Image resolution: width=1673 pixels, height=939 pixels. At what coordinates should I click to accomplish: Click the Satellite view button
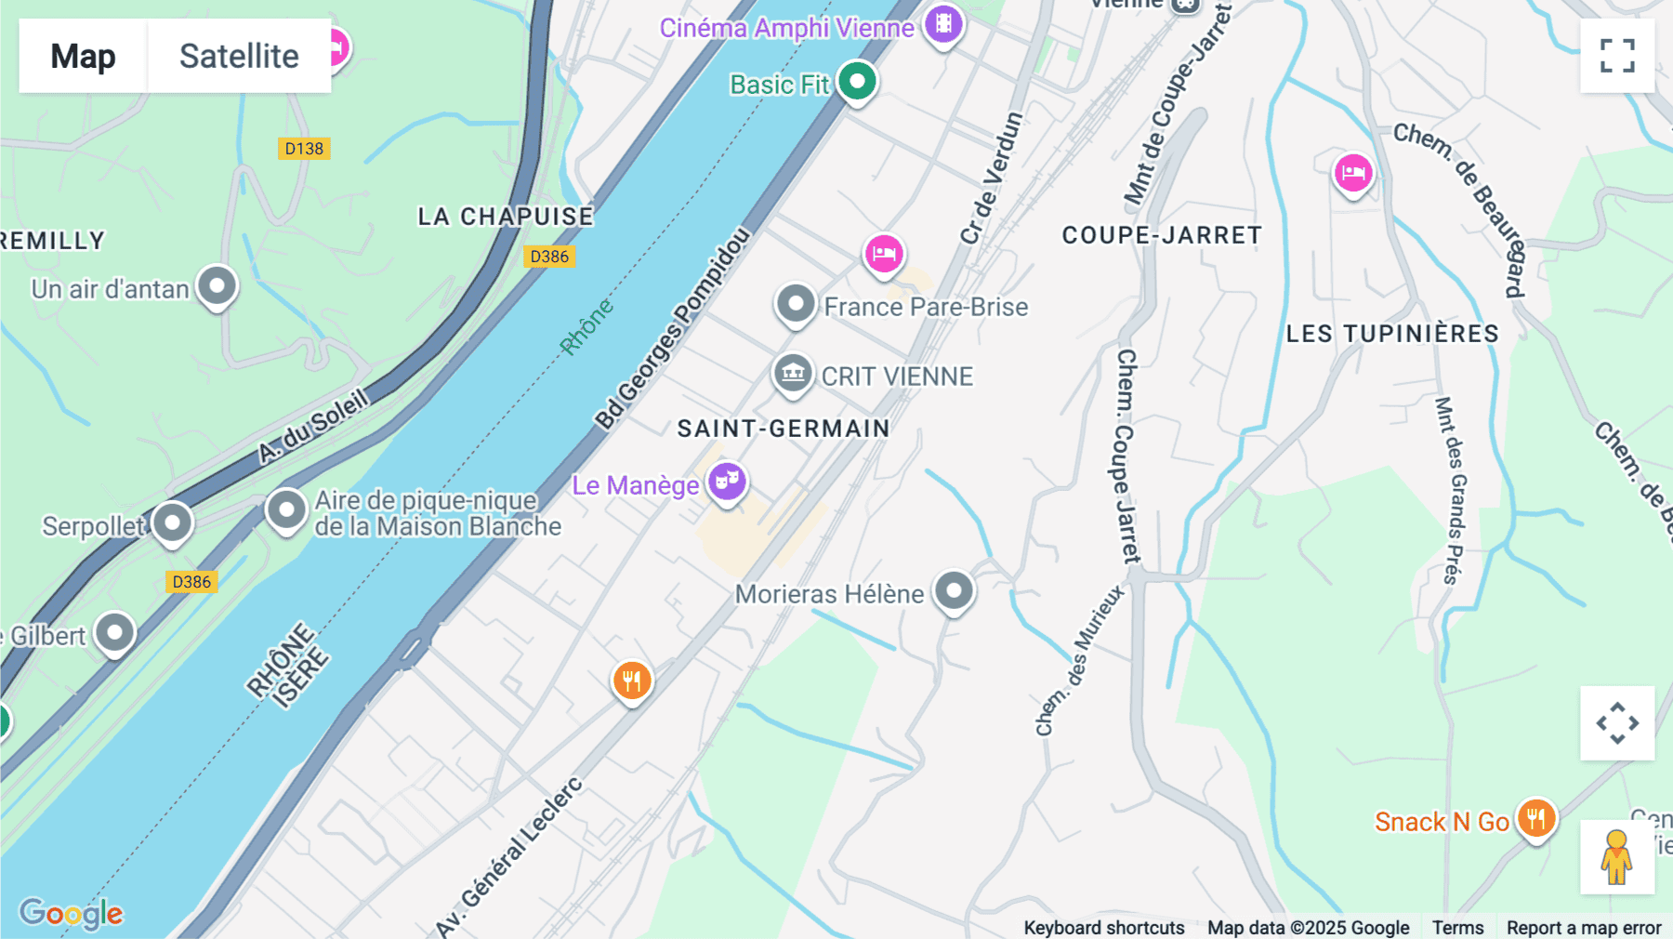pos(239,56)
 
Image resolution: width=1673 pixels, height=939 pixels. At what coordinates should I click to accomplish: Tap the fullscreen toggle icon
pos(1617,56)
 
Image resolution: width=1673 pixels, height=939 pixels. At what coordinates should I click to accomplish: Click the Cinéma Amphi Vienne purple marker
pos(943,24)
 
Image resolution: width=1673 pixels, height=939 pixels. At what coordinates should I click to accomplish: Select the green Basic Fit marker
pos(857,82)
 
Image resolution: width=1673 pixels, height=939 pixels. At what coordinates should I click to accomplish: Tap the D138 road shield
pos(304,149)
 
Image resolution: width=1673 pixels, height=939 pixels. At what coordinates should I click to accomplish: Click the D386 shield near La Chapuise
pos(548,257)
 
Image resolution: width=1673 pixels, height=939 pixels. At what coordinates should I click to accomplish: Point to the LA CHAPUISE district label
pos(506,217)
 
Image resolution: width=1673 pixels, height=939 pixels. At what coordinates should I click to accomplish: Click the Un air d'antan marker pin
pos(217,286)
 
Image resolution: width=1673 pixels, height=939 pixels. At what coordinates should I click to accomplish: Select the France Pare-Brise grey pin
pos(796,304)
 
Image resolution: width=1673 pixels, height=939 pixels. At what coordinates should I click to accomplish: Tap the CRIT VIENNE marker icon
pos(793,374)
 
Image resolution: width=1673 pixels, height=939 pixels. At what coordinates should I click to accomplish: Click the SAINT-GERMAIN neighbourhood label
pos(784,429)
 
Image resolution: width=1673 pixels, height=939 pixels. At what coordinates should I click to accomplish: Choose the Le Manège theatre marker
pos(727,482)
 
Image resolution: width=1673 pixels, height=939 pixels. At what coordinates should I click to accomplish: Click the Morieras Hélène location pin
pos(954,590)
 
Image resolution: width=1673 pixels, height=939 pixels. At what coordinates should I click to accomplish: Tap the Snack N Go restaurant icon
pos(1536,818)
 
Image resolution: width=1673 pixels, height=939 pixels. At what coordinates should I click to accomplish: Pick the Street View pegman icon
pos(1616,857)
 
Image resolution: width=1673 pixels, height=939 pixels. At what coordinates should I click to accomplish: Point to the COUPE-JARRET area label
pos(1162,235)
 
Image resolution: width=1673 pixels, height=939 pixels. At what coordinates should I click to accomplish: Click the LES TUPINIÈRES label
pos(1392,334)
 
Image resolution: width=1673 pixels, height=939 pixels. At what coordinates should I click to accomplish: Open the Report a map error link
pos(1584,928)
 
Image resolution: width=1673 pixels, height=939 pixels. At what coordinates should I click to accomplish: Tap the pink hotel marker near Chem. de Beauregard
pos(1353,173)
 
